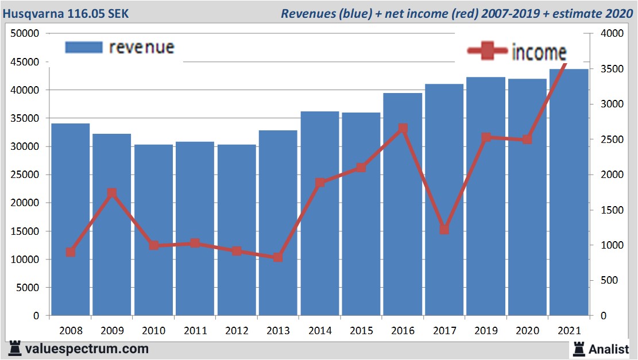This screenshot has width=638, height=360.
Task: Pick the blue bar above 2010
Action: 153,230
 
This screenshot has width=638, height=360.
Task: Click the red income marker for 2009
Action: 112,193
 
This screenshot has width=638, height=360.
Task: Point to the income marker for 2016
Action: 403,129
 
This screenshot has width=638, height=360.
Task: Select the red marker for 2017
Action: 444,229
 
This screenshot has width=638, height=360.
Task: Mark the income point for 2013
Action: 278,257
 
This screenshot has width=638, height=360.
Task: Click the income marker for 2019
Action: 486,137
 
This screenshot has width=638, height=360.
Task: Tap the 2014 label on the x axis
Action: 320,331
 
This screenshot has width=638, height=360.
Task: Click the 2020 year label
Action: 527,331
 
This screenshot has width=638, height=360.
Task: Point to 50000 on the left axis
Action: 25,34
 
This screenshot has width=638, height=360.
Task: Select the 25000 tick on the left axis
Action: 25,175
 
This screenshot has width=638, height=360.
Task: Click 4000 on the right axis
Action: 610,34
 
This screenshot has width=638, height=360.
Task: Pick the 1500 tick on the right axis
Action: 610,210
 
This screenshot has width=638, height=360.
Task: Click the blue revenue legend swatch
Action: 84,47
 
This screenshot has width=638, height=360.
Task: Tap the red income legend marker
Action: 488,52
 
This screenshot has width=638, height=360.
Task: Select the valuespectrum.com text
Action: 86,349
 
